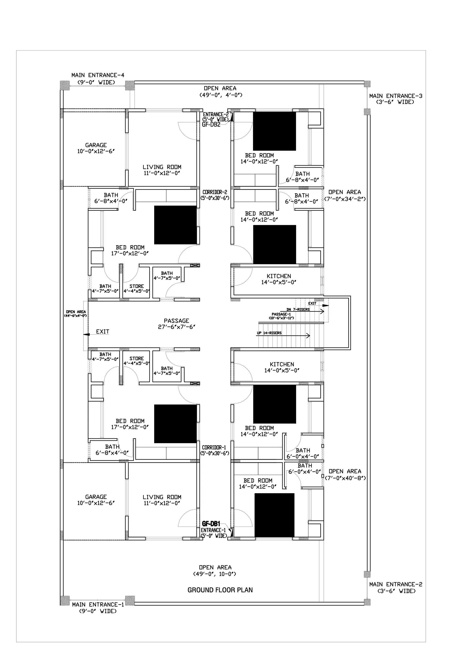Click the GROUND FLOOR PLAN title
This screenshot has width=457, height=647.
[220, 590]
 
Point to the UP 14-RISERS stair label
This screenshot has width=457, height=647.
[269, 333]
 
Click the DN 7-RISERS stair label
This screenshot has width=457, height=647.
[298, 309]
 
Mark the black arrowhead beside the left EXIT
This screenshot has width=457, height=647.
[86, 335]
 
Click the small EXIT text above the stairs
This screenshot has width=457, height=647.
[312, 304]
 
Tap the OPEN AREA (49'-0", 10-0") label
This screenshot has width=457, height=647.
[215, 571]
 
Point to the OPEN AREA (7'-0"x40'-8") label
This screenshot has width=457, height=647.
[345, 475]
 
